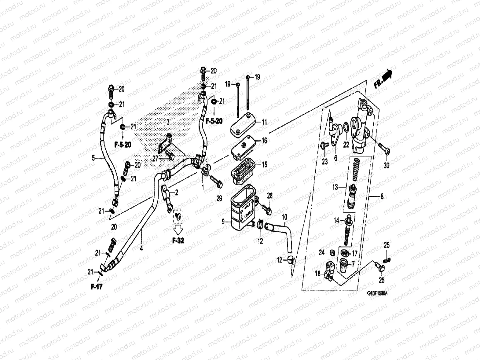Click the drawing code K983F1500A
376,293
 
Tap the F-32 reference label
178,241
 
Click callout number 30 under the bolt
386,165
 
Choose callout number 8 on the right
382,197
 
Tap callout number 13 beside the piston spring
335,187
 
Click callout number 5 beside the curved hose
93,158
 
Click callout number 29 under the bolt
219,199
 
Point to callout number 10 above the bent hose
284,217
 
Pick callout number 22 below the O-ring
346,145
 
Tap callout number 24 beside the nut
321,252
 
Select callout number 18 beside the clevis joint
318,274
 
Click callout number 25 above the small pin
387,245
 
